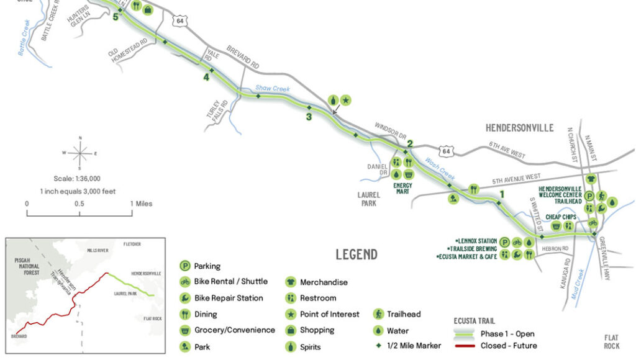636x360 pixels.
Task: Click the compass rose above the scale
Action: pos(79,151)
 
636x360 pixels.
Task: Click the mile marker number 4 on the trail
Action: pos(206,78)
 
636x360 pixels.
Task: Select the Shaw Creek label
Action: pos(273,89)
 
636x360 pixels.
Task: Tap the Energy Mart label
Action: pos(402,189)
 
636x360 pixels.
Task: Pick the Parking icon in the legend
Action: pos(184,266)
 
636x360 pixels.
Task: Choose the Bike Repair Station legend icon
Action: pos(184,299)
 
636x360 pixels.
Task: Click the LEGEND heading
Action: pos(357,254)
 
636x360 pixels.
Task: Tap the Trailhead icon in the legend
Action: pos(378,315)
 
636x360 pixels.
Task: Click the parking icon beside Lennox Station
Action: pos(504,242)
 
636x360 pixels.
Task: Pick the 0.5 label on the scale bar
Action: pos(79,204)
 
